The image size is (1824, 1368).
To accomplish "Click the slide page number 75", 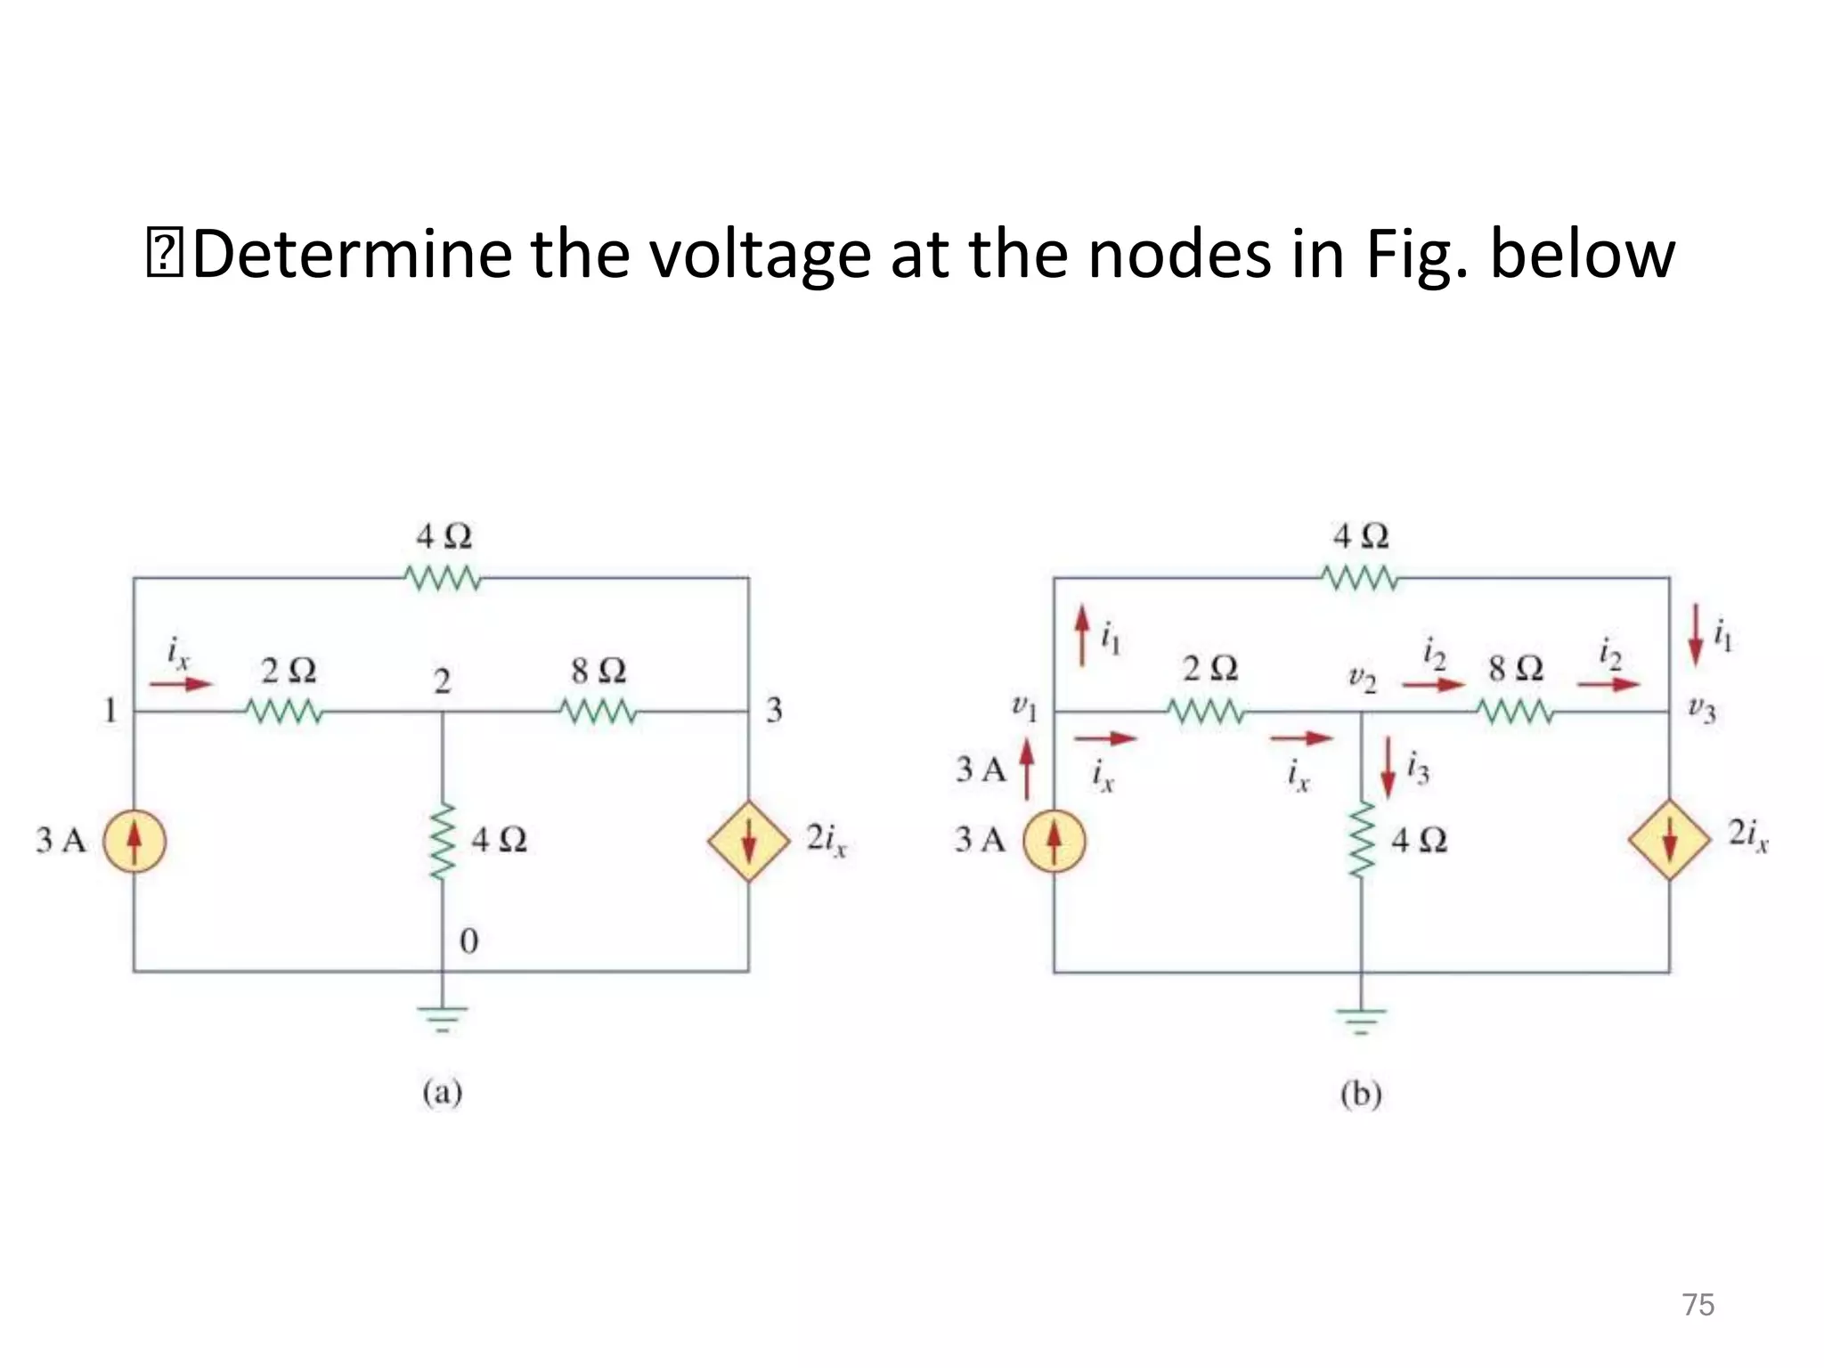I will click(x=1698, y=1305).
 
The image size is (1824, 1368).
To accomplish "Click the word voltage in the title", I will click(x=759, y=256).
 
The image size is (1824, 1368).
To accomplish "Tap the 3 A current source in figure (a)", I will click(x=134, y=841).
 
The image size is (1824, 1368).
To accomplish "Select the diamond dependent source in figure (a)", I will click(x=749, y=841).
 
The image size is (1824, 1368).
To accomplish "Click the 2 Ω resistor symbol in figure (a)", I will click(x=283, y=712).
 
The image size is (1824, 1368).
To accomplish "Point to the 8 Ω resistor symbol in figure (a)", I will click(x=598, y=712).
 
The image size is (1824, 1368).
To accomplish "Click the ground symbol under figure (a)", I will click(x=443, y=1017).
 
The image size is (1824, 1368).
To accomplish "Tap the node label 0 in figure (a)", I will click(x=468, y=941).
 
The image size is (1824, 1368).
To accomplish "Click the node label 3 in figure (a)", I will click(x=774, y=711).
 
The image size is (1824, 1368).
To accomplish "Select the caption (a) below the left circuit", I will click(x=442, y=1093).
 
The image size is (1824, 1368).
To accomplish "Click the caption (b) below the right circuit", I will click(x=1361, y=1094).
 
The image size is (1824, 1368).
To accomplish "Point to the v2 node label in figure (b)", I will click(x=1362, y=680).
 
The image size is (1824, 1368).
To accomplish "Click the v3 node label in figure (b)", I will click(x=1701, y=711).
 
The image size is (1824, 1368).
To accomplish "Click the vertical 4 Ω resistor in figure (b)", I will click(x=1361, y=841).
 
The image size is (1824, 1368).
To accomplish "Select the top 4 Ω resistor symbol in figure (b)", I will click(x=1360, y=579).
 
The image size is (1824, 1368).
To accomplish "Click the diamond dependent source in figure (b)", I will click(x=1669, y=840).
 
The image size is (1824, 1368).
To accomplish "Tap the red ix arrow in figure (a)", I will click(x=180, y=684).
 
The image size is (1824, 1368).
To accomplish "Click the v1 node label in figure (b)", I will click(x=1025, y=709).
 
